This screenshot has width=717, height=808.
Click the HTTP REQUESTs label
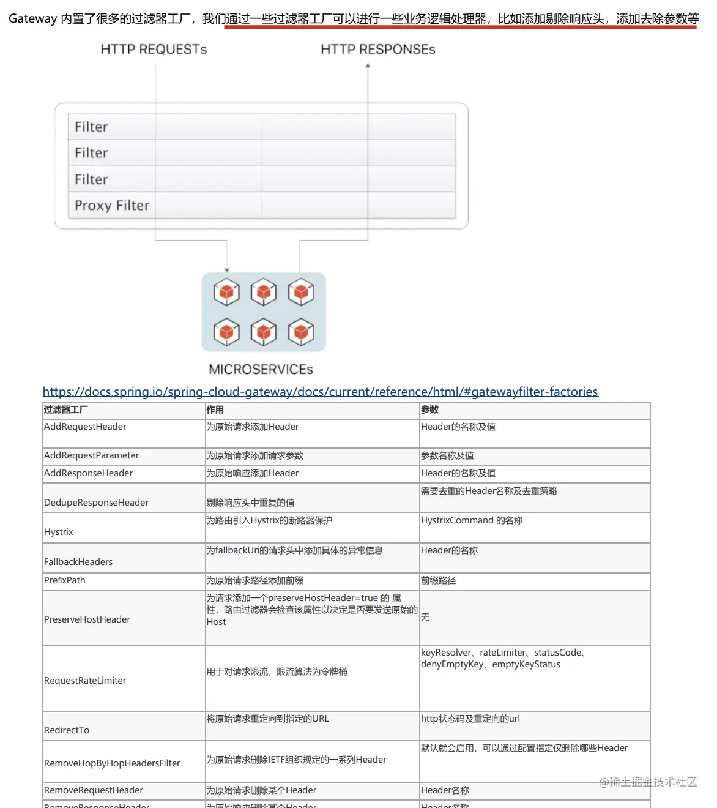point(154,50)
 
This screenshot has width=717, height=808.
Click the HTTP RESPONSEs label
point(377,50)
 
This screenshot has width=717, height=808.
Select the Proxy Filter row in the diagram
point(112,206)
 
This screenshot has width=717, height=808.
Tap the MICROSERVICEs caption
point(261,369)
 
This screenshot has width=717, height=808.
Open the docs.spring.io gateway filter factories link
point(320,392)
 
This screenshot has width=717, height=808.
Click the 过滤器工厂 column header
point(65,410)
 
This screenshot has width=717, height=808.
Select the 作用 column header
point(215,410)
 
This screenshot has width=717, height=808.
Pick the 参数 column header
point(429,410)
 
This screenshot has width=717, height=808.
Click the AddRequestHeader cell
point(85,427)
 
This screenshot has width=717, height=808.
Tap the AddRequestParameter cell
point(91,455)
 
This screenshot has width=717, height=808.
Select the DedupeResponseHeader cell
point(96,503)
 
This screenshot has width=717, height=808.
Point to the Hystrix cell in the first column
point(59,532)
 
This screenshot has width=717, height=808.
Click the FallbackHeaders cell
point(78,562)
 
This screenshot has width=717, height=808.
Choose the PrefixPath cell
point(65,580)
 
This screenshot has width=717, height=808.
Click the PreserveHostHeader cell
point(87,619)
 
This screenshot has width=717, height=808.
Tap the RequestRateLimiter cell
point(85,681)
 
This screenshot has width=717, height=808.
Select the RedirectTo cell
point(67,730)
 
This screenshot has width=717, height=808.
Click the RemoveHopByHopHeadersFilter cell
point(112,763)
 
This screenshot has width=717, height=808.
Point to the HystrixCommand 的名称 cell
point(472,520)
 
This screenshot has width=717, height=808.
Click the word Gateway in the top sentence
point(32,19)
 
